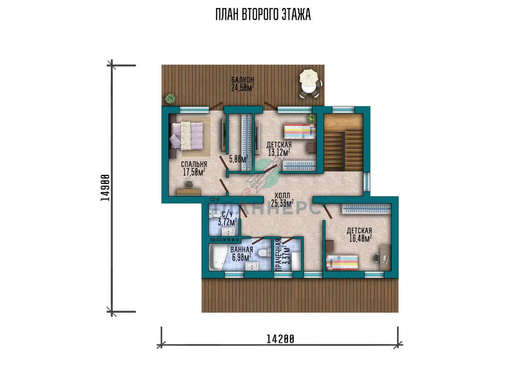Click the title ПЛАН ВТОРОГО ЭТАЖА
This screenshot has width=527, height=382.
(263, 14)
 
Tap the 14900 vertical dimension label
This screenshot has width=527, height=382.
(105, 188)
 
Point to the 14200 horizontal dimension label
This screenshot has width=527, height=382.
(280, 339)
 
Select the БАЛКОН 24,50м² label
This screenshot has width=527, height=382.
(242, 84)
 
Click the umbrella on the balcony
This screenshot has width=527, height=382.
(309, 78)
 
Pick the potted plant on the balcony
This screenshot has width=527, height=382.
(170, 98)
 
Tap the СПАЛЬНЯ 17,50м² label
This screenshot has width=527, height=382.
(194, 169)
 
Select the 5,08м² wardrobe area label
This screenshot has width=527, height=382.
(238, 159)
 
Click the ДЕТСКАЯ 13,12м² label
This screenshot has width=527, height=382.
(279, 149)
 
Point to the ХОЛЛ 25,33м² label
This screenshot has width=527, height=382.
(282, 199)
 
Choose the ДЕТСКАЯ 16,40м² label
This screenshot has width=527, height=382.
(359, 234)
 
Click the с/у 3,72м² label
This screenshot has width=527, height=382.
(227, 218)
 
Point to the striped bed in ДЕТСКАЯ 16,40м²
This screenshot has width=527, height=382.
(342, 263)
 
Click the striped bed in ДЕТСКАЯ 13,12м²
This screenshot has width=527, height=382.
(300, 131)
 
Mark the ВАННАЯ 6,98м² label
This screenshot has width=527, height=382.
(242, 254)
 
